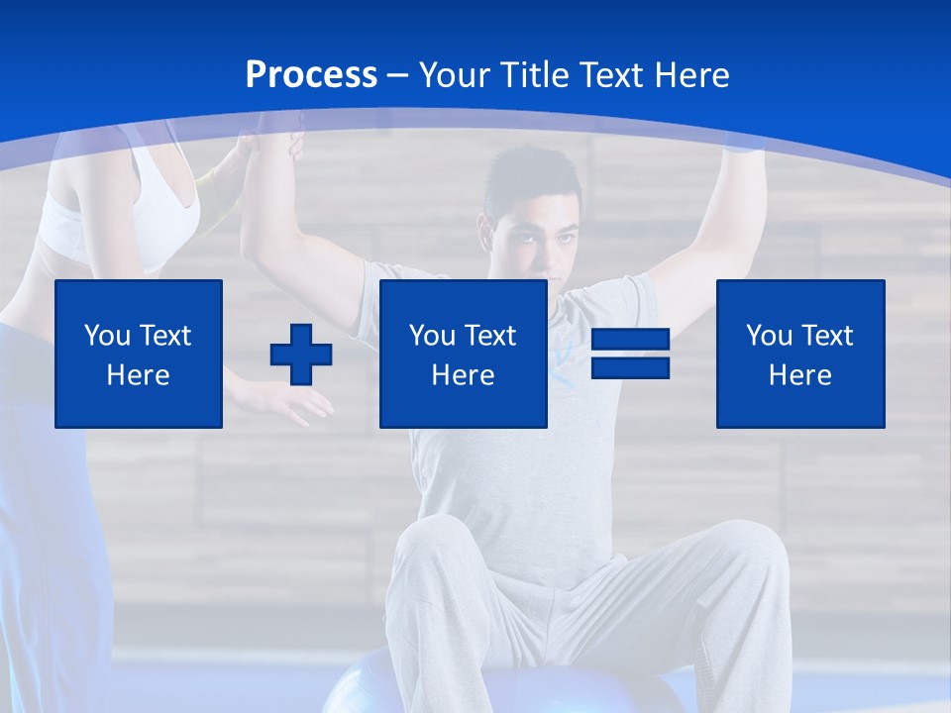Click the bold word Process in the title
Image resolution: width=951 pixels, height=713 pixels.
tap(311, 75)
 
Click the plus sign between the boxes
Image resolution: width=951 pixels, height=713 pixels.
tap(301, 355)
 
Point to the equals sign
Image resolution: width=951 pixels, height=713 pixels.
tap(630, 354)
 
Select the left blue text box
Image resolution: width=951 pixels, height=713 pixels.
tap(139, 354)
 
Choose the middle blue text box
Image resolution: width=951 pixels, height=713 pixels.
tap(463, 354)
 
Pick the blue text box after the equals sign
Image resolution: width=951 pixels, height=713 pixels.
tap(800, 354)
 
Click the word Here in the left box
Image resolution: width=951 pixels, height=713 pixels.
tap(138, 375)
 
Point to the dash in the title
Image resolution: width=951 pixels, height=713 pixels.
tap(397, 75)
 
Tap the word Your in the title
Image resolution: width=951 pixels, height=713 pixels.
tap(457, 75)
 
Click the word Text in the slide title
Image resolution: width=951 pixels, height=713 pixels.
tap(611, 75)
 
